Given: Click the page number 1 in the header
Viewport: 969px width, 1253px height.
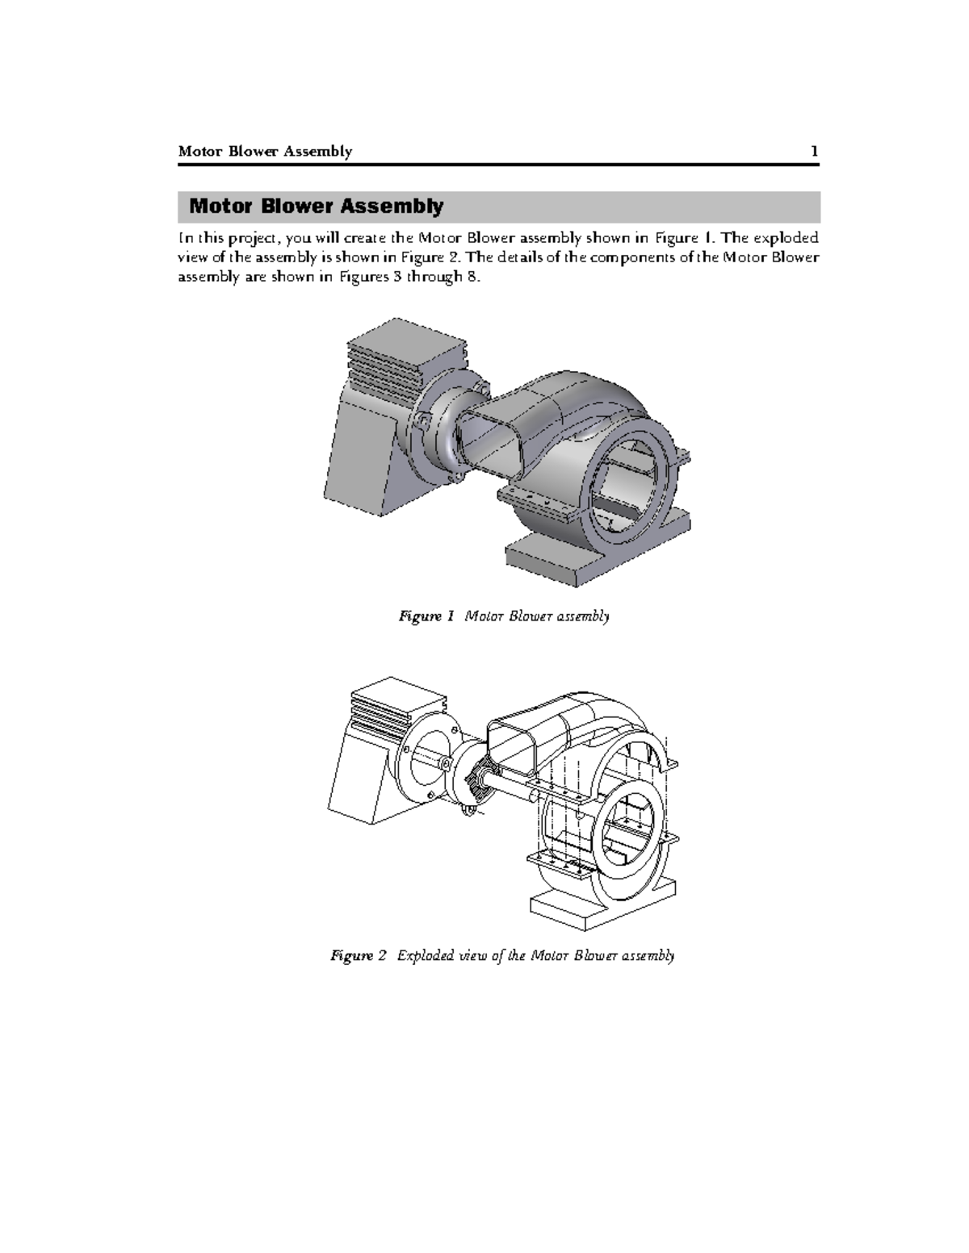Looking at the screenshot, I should point(815,152).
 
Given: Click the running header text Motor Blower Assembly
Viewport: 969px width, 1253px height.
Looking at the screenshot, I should point(265,152).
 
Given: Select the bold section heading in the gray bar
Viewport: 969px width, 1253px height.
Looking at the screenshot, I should point(316,207).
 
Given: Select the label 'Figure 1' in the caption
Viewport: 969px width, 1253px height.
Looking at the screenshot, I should point(421,616).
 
